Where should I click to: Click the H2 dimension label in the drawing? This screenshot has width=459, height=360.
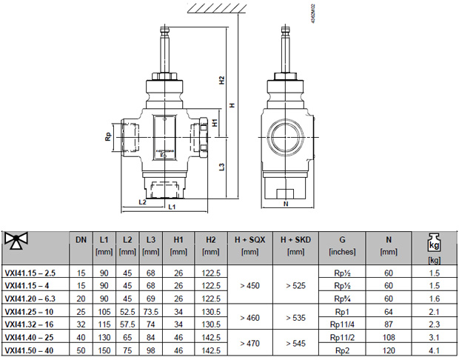[222, 80]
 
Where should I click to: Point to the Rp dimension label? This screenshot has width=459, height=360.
[108, 136]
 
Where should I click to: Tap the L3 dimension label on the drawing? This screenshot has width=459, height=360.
[222, 167]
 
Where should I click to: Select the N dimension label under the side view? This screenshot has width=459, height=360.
[286, 204]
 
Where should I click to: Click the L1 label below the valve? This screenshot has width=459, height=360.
[172, 207]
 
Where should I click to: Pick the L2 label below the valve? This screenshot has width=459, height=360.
[142, 201]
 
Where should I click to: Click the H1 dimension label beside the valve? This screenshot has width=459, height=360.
[215, 123]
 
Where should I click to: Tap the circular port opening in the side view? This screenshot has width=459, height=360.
[284, 137]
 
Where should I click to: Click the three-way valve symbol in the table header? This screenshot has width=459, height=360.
[16, 241]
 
